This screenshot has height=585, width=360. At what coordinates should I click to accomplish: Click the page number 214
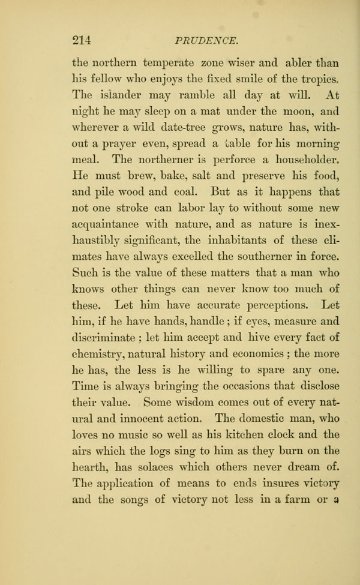81,41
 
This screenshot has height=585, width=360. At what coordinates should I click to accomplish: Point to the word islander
120,95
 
